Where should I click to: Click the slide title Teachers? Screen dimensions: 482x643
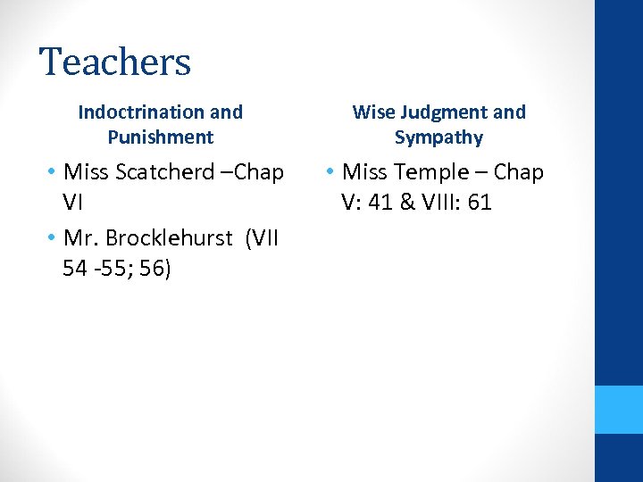[x=115, y=62]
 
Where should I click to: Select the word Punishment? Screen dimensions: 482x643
[x=161, y=137]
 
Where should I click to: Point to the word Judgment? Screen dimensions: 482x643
[x=444, y=112]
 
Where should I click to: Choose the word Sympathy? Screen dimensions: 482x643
[x=438, y=137]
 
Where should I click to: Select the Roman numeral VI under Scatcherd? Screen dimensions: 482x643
[x=74, y=203]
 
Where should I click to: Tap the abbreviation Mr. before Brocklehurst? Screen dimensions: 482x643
[x=83, y=238]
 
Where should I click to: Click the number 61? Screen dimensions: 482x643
[x=480, y=203]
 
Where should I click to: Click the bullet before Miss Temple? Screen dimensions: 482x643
[x=331, y=171]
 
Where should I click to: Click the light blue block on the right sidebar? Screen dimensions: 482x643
[x=619, y=410]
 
